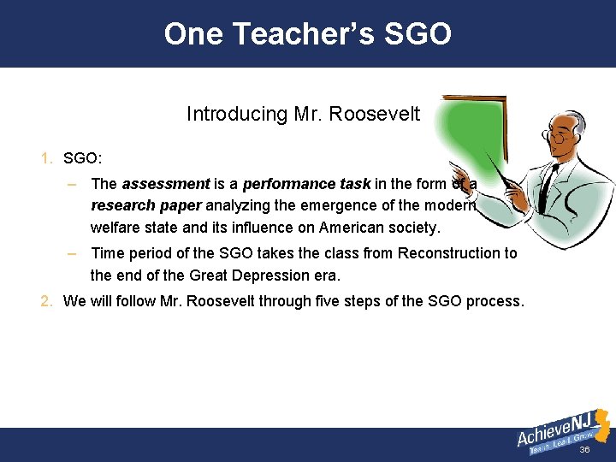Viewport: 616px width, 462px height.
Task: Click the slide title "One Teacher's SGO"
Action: [x=307, y=34]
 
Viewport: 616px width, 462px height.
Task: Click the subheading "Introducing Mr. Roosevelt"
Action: [x=303, y=114]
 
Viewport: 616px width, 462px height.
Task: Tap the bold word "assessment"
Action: [x=165, y=184]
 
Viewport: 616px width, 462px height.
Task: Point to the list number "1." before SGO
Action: [x=47, y=159]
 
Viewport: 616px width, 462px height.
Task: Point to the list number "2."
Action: [x=47, y=301]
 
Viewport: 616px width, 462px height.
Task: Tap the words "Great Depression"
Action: [x=241, y=275]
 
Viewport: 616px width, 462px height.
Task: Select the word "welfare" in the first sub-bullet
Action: [x=115, y=228]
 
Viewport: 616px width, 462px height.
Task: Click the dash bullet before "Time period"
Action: [x=74, y=253]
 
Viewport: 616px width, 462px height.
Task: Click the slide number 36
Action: [x=585, y=450]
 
